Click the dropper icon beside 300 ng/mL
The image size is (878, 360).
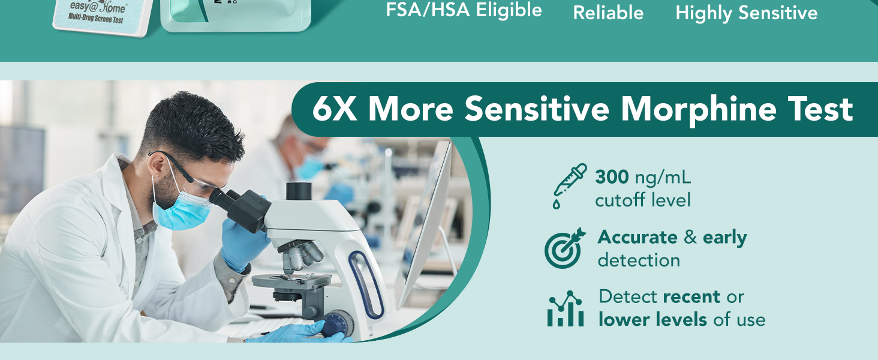point(569,185)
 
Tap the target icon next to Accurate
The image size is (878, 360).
point(564,248)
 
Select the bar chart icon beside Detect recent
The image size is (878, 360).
point(565,309)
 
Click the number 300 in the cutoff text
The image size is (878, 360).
point(612,177)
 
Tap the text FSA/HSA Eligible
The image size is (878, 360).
point(464,10)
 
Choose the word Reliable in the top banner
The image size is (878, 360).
point(608,13)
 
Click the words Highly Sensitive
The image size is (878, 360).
point(746,13)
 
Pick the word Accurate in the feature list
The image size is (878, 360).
point(638,237)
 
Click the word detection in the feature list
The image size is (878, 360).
point(639,260)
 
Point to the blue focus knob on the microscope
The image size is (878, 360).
point(336,324)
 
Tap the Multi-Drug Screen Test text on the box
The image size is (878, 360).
point(98,20)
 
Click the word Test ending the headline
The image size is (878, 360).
point(824,109)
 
